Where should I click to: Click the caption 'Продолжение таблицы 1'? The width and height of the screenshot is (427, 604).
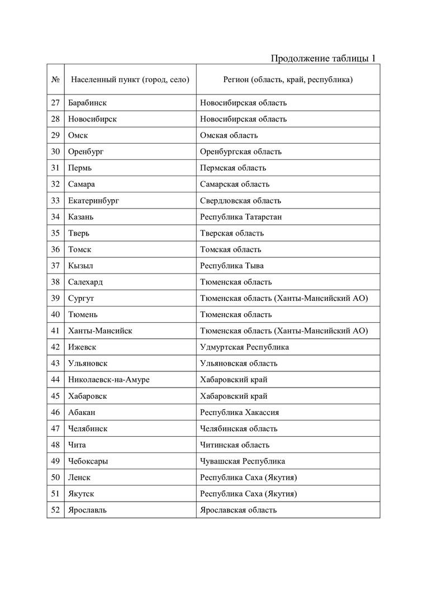point(322,58)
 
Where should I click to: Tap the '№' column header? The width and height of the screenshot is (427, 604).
point(55,79)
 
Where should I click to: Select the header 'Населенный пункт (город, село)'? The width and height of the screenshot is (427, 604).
point(130,79)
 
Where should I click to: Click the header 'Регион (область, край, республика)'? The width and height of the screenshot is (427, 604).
point(287,79)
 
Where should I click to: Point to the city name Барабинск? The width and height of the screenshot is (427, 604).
point(87,103)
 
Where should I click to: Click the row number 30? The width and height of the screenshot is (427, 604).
point(55,152)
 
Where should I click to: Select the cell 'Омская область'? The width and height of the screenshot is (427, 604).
point(229,135)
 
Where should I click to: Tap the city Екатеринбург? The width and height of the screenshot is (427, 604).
point(93,201)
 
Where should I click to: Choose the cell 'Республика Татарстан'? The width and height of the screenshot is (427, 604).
point(240,217)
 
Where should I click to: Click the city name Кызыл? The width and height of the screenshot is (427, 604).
point(80,266)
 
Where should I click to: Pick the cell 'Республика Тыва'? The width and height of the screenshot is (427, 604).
point(231,266)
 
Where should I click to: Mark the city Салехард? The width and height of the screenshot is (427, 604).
point(85,282)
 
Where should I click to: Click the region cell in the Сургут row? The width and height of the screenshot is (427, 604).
point(283,298)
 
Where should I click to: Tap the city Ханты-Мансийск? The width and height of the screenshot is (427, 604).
point(100,331)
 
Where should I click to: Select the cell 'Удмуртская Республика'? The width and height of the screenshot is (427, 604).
point(244,347)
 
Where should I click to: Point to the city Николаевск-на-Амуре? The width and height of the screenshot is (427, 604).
point(108,380)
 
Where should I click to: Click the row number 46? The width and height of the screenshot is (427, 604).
point(55,412)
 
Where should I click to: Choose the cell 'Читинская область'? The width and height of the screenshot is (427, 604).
point(234,445)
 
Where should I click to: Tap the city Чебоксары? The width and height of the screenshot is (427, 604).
point(88,461)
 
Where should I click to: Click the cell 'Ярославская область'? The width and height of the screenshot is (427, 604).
point(238,510)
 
